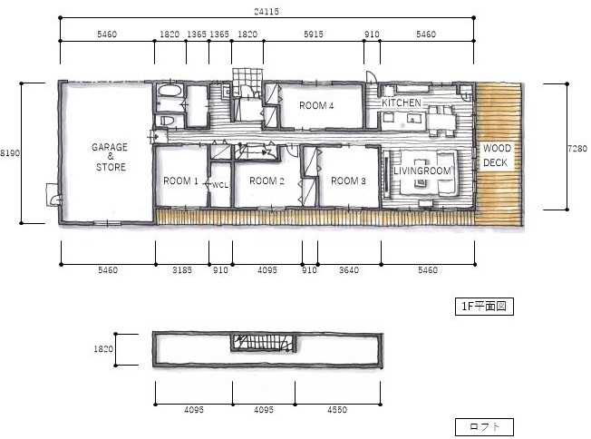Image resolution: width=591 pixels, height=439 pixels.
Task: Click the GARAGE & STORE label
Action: point(110,157)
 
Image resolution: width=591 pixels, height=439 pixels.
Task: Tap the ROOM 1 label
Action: point(180,181)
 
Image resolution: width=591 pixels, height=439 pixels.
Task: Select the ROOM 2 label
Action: point(266,181)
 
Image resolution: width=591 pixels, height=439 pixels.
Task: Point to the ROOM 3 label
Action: point(348,181)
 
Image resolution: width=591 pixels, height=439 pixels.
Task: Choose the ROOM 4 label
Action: point(316,105)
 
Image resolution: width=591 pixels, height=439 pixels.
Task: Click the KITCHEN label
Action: point(402,102)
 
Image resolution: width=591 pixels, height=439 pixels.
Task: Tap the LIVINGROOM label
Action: point(422,171)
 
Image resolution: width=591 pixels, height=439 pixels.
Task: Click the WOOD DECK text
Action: point(497,155)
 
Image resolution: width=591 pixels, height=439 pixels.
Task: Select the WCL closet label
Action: point(220,185)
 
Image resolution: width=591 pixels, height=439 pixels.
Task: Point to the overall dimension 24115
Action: point(266,11)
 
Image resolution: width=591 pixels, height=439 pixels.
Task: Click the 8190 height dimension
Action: point(10,153)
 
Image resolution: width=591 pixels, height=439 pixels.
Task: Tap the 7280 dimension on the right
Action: point(577,149)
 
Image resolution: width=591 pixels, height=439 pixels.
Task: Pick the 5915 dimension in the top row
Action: point(314,34)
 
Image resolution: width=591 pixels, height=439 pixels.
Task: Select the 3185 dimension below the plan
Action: point(182,270)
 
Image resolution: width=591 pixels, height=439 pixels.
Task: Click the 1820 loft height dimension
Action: point(103,349)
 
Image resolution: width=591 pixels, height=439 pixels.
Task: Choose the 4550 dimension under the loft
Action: point(337,410)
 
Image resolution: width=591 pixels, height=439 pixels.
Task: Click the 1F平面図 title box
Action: point(484,307)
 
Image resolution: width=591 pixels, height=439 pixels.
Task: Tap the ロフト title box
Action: point(484,427)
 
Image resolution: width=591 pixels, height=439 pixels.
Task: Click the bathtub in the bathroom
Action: point(170,91)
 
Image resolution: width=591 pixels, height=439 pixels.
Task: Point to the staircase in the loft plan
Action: point(264,343)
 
